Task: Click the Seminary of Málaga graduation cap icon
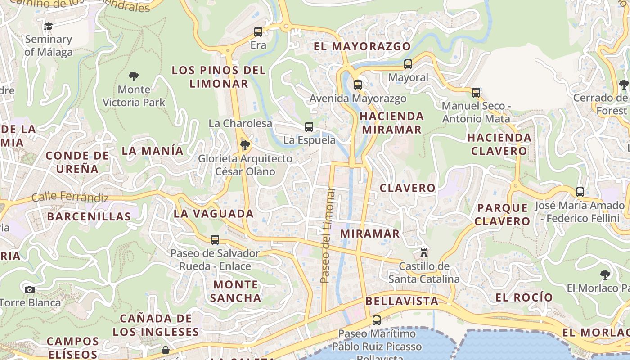[48, 26]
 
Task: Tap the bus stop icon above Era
[258, 32]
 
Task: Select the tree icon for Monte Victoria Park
[134, 76]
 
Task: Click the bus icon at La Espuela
[309, 127]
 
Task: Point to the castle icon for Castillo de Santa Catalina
[423, 252]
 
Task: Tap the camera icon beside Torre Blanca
[30, 289]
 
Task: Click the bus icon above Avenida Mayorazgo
[358, 85]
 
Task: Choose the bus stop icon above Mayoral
[408, 64]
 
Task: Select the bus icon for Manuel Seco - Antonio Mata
[476, 93]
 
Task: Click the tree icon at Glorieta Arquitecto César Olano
[245, 145]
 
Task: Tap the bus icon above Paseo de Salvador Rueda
[215, 240]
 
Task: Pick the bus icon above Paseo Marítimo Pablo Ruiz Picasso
[377, 320]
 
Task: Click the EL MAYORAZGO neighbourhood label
[362, 46]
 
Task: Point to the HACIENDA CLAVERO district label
[499, 144]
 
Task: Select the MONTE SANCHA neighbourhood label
[236, 291]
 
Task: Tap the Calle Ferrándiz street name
[70, 197]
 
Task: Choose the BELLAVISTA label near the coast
[402, 301]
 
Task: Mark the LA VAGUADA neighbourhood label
[214, 214]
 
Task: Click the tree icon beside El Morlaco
[605, 274]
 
